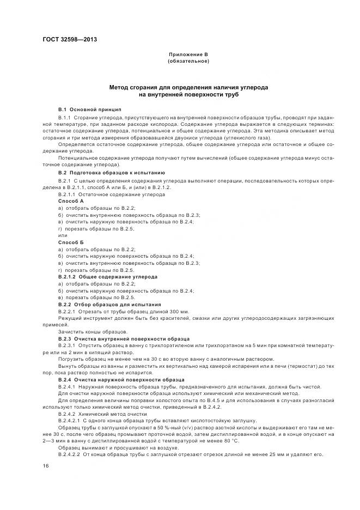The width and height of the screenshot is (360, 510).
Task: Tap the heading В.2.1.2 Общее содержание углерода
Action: point(108,276)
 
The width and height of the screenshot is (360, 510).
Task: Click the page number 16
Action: point(46,466)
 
